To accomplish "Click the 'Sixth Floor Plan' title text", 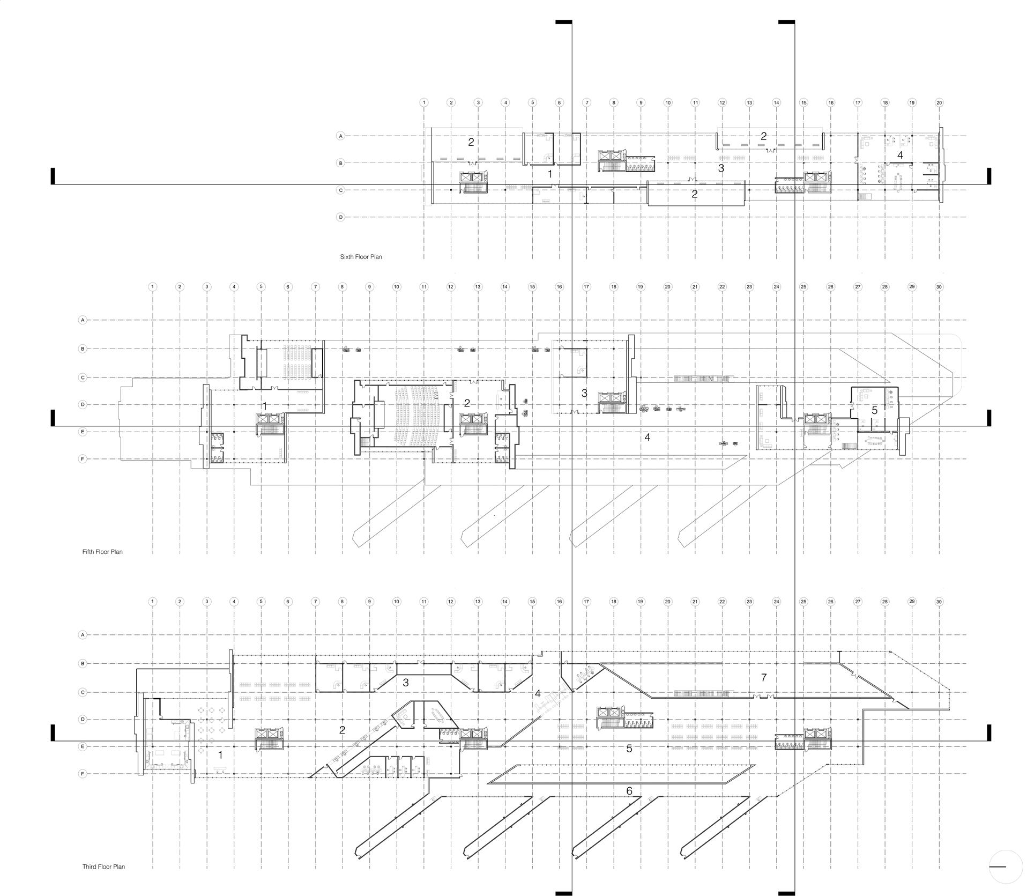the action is (361, 257).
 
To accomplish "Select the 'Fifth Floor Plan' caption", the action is (102, 552).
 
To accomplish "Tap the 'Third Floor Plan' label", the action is (103, 867).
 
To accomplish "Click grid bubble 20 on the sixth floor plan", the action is (939, 102).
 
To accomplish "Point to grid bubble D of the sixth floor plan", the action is (340, 217).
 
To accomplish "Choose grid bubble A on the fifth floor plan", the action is (83, 320).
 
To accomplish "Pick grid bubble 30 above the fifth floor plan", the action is (939, 287).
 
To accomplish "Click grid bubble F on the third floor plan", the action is (83, 774).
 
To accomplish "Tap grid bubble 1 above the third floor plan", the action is (153, 602).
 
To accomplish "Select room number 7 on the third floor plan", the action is (764, 678).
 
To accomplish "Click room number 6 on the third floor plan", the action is (629, 791).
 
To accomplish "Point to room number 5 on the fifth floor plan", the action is (874, 411).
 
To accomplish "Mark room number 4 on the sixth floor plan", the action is (900, 155).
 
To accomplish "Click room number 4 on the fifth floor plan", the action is (648, 438).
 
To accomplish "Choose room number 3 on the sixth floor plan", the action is (721, 168).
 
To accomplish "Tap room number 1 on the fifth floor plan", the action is (264, 406).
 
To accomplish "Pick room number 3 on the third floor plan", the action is (406, 683).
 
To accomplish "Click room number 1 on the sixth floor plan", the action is (549, 174).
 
